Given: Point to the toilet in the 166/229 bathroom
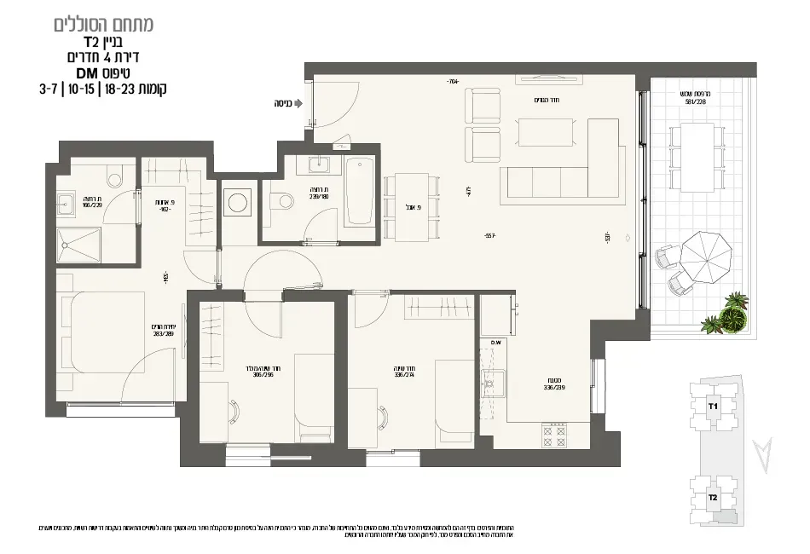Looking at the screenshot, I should [x=117, y=176].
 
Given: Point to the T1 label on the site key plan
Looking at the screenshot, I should [x=713, y=407].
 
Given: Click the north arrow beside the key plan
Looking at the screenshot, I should [x=765, y=453].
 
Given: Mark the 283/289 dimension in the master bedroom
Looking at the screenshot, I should [x=164, y=333].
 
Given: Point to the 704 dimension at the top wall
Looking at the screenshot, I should [x=452, y=82].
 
